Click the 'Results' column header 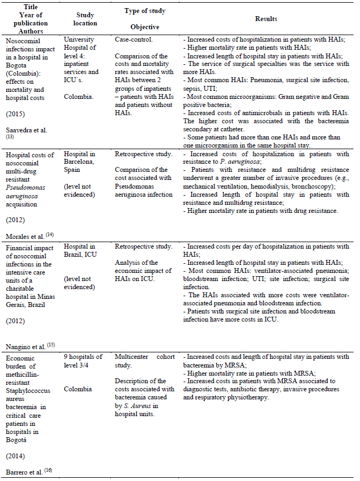click(x=266, y=19)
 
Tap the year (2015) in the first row click(x=15, y=115)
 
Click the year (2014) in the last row click(x=15, y=456)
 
